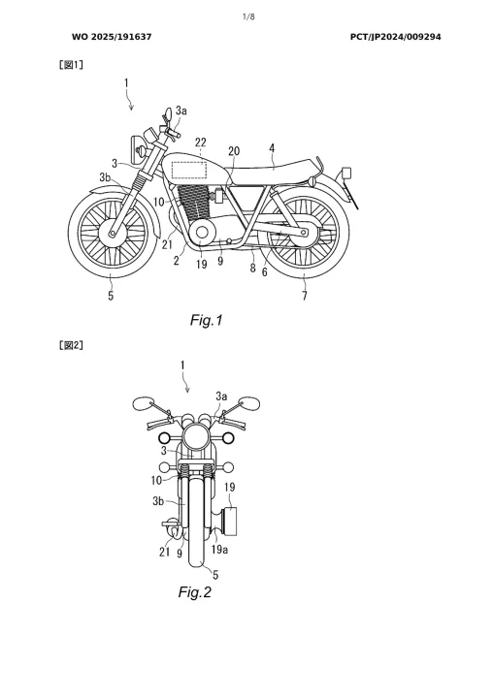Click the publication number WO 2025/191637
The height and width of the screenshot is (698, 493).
[x=112, y=37]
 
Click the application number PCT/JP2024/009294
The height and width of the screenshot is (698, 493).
[x=395, y=37]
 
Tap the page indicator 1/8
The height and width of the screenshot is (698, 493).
[x=248, y=16]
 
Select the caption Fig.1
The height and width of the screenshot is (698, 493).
[x=206, y=320]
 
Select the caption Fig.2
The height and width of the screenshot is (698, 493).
[x=194, y=592]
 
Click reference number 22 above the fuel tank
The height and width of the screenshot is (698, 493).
[x=201, y=143]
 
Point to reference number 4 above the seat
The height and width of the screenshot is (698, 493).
[x=272, y=148]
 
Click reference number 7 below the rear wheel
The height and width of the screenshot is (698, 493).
[x=305, y=296]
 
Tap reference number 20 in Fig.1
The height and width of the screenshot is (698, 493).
[x=234, y=151]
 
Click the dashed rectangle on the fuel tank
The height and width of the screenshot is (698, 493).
[x=189, y=171]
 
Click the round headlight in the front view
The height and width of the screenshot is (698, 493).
[x=197, y=435]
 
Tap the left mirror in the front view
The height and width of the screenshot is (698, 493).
[x=143, y=403]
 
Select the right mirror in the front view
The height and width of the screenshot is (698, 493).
[x=249, y=403]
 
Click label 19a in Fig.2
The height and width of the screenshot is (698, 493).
[x=219, y=550]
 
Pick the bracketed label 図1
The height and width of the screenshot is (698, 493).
[x=71, y=65]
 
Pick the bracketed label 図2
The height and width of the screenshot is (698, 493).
[x=71, y=345]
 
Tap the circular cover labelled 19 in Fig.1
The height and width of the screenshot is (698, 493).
[x=202, y=233]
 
